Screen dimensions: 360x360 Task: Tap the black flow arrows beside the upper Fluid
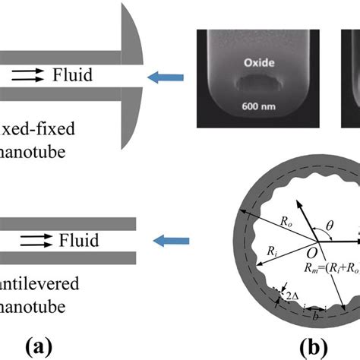(30, 75)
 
